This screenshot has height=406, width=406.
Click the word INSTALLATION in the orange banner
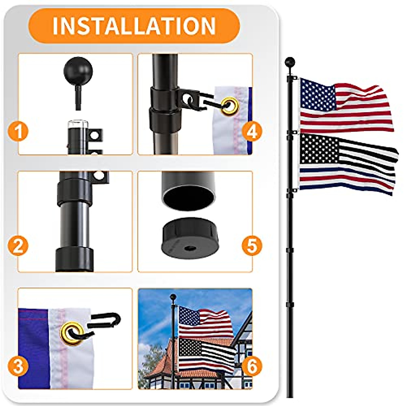pos(134,26)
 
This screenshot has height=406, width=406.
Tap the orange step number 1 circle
pos(18,131)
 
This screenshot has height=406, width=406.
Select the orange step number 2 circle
pos(18,246)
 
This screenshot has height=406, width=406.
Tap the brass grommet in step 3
pos(72,333)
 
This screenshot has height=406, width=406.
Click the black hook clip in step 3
pos(105,321)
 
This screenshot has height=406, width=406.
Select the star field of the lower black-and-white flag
pos(318,149)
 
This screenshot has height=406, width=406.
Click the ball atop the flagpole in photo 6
pos(173,297)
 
